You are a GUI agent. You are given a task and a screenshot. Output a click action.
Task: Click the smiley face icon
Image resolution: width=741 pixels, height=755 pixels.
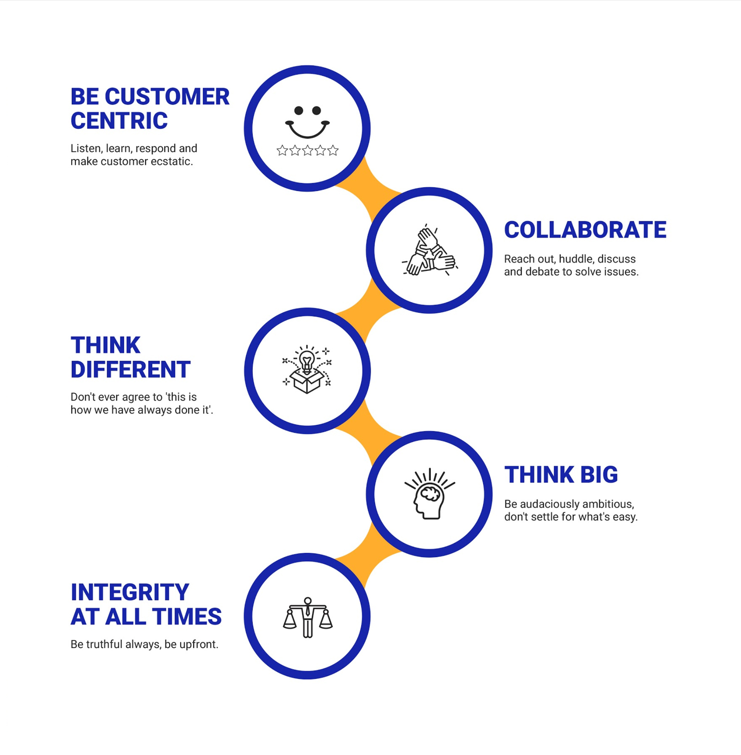coord(307,121)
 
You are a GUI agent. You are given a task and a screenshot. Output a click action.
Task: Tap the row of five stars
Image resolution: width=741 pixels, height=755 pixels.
coord(307,150)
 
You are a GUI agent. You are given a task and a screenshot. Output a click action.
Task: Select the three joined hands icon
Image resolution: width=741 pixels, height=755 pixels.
coord(429,251)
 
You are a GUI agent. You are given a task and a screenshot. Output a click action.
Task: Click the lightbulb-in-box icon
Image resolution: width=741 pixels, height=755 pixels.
coord(307,369)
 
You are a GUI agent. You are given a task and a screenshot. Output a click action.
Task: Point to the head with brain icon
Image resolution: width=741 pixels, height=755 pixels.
coord(429,494)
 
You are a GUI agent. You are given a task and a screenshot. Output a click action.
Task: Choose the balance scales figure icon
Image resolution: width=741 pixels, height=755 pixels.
coord(307,617)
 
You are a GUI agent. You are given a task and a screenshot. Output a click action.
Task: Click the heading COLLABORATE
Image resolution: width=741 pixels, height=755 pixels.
coord(585,230)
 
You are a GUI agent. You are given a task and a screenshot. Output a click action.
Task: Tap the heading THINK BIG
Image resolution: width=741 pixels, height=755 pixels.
coord(561,475)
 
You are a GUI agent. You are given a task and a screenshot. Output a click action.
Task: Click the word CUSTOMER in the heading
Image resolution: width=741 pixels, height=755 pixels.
coord(167,97)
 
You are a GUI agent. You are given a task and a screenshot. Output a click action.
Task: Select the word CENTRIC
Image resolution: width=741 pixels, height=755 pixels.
coord(119,121)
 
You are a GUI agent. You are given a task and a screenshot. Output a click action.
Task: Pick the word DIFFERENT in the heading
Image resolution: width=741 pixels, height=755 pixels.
coord(130,369)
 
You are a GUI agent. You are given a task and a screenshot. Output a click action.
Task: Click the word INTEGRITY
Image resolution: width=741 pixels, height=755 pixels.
coord(130,592)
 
